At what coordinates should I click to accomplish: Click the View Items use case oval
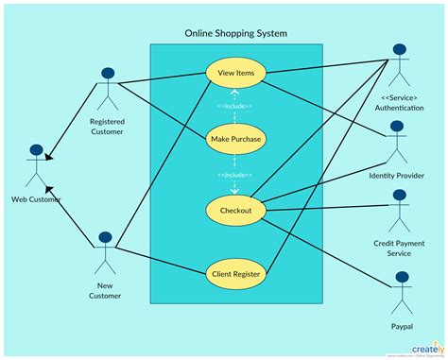click(234, 73)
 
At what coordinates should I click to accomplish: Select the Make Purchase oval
click(234, 140)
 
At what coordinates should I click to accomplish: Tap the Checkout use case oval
click(234, 210)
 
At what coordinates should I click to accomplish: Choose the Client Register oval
click(234, 274)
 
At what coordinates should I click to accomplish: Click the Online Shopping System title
click(236, 34)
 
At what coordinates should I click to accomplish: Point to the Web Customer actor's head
click(37, 151)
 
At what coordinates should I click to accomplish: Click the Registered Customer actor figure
click(107, 90)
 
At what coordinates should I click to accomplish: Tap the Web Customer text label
click(37, 199)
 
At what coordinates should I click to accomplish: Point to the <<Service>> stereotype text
click(399, 97)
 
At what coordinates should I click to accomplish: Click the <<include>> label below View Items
click(234, 106)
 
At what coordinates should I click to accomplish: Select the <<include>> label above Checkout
click(234, 175)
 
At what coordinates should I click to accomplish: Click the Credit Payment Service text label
click(399, 249)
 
